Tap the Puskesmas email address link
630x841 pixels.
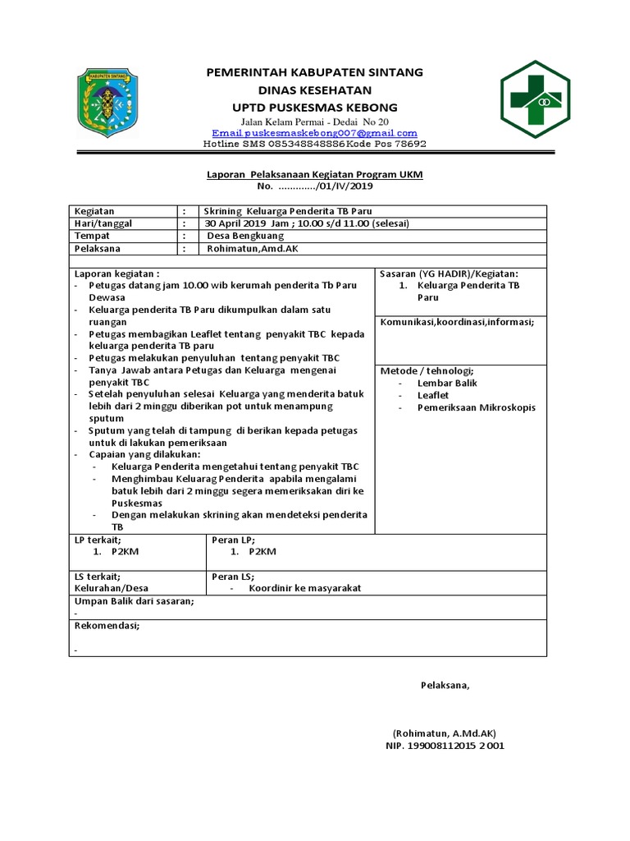[x=314, y=132]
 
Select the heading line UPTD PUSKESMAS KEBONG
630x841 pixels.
[x=315, y=108]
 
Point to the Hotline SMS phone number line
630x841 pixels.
[x=315, y=144]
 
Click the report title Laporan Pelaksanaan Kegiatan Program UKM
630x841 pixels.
[x=314, y=175]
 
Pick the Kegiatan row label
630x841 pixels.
[x=95, y=211]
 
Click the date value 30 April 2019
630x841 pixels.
[x=243, y=223]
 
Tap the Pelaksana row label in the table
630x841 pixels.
[x=98, y=248]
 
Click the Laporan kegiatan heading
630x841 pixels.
[x=116, y=273]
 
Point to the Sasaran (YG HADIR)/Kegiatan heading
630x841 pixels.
[x=449, y=273]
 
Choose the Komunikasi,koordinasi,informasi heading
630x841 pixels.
[x=457, y=322]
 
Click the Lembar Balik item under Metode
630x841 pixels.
[x=447, y=383]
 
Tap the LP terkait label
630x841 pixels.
[x=98, y=540]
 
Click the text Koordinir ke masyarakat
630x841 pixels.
[x=305, y=588]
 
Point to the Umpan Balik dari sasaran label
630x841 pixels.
[x=135, y=601]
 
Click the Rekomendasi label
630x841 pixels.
[x=107, y=625]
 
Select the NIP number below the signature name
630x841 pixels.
[x=445, y=746]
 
